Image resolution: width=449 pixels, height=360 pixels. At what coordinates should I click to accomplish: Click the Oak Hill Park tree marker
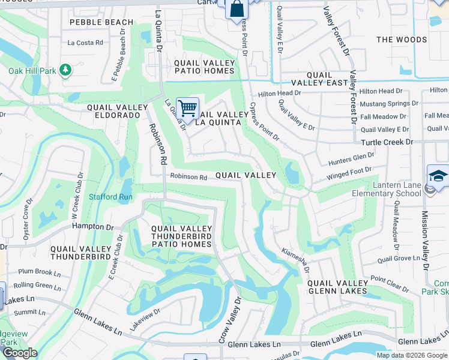pos(65,71)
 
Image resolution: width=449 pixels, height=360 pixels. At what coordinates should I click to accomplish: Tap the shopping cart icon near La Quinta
pos(187,109)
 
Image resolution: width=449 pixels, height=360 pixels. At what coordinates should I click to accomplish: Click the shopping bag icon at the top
pos(237,10)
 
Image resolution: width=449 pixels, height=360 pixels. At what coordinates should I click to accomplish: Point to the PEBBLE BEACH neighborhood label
pos(101,22)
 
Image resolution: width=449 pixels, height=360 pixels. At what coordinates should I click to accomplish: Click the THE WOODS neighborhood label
pos(402,40)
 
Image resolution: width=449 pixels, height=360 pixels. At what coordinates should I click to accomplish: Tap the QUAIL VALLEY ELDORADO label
pos(117,111)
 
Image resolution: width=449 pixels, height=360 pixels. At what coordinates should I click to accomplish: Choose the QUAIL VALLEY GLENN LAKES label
pos(337,287)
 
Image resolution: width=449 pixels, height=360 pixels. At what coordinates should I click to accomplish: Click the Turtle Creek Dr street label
pos(387,142)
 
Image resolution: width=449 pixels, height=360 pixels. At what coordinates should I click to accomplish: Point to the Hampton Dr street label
pos(92,227)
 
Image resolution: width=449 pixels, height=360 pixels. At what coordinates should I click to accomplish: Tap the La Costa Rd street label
pos(85,43)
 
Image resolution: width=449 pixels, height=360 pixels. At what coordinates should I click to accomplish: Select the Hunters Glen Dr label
pos(351,158)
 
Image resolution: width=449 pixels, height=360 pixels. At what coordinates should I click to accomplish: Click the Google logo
pos(20,353)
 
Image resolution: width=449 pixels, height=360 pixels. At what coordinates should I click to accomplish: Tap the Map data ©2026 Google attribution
pos(411,355)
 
